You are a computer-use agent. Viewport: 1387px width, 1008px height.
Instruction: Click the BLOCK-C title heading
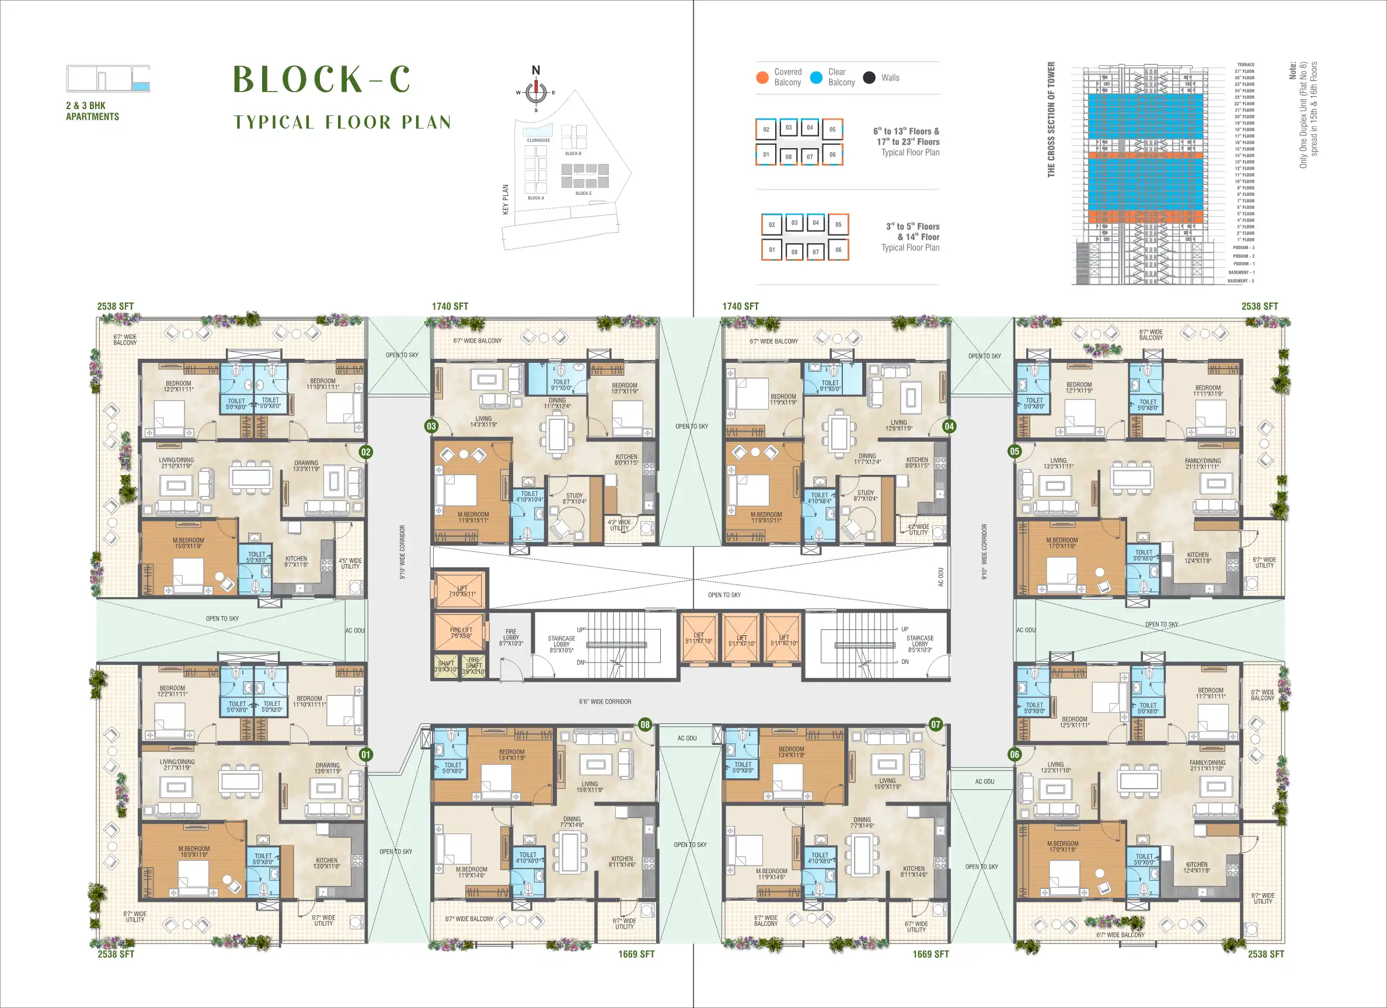[322, 79]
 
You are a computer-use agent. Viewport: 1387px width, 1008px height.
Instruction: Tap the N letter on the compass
[536, 71]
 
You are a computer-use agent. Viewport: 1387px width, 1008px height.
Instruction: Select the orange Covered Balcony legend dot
[762, 77]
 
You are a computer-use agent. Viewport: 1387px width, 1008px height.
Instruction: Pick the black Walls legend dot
[869, 78]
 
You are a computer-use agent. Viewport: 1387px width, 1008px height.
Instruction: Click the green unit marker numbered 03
[432, 426]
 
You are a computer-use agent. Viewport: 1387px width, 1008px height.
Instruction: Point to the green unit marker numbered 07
[936, 724]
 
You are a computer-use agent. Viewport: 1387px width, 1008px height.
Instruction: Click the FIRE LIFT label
[461, 633]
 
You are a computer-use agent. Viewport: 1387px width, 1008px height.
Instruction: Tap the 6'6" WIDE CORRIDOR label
[605, 702]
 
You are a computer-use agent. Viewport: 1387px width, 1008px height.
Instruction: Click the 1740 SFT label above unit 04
[740, 306]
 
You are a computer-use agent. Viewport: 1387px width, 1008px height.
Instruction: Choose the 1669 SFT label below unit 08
[636, 954]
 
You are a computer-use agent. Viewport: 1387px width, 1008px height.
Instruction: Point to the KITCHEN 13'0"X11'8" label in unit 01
[326, 863]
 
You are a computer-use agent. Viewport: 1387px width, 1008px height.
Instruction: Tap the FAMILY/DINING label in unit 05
[1203, 463]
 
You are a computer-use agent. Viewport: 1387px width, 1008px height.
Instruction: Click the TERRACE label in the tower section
[1246, 65]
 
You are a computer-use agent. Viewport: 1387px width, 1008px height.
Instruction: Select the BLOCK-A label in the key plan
[536, 198]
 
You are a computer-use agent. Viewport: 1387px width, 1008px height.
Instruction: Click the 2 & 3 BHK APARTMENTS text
[92, 111]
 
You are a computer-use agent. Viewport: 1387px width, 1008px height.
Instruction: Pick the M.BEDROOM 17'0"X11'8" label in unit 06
[1062, 846]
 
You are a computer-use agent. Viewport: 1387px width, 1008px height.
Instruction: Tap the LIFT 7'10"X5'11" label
[462, 590]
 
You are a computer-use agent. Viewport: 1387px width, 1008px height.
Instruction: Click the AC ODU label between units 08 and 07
[686, 738]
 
